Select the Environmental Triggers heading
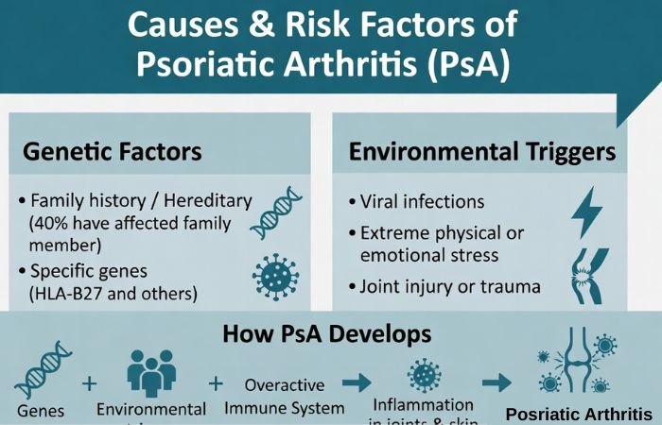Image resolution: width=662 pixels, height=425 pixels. tap(482, 151)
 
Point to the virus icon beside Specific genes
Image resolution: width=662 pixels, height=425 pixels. tap(275, 275)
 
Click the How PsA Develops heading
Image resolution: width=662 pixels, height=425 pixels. tap(327, 333)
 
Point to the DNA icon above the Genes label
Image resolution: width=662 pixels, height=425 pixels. tap(39, 371)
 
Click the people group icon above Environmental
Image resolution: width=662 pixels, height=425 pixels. tap(150, 375)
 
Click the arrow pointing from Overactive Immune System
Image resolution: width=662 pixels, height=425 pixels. tap(357, 384)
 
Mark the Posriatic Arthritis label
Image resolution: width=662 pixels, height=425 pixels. tap(579, 414)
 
